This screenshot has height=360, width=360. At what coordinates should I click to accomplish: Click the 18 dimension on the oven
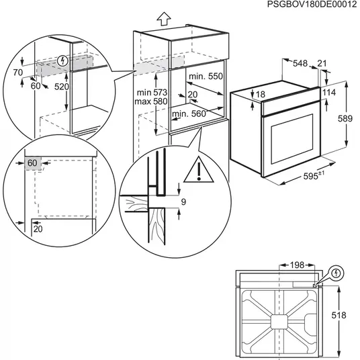[x=261, y=94]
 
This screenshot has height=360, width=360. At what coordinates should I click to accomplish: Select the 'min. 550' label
[x=204, y=77]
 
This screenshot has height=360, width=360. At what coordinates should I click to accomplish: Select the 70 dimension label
[x=19, y=71]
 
